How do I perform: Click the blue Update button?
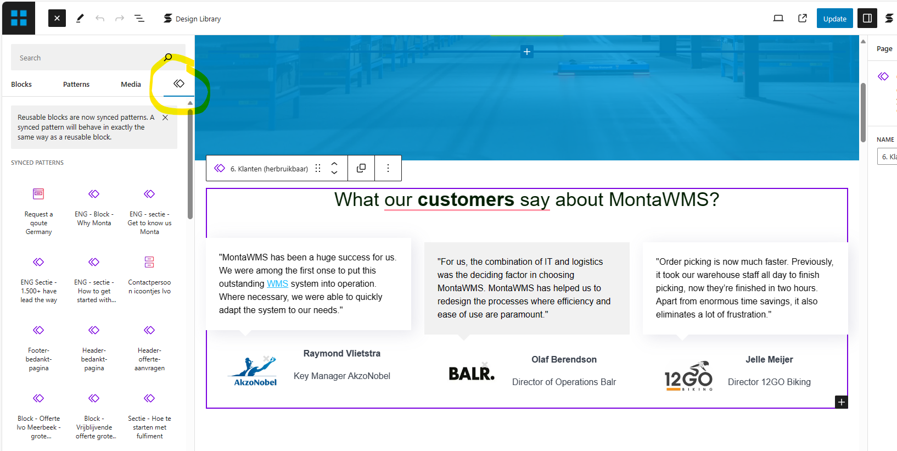834,19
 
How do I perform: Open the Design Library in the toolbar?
192,19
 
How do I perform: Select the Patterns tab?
76,84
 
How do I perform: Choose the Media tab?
131,84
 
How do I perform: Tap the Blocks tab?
21,84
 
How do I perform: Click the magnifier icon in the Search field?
168,57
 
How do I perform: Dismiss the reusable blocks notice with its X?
165,118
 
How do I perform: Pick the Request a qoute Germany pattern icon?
38,194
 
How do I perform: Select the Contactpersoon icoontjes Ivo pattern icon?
149,262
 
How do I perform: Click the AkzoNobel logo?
254,371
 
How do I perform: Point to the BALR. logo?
472,372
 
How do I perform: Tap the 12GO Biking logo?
688,376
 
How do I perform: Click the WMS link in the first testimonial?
278,283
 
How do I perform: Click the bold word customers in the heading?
466,199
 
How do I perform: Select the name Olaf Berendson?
564,359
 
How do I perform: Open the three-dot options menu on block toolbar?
388,168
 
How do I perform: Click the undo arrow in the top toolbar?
100,19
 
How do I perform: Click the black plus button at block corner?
842,402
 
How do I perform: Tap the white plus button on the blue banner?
526,51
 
